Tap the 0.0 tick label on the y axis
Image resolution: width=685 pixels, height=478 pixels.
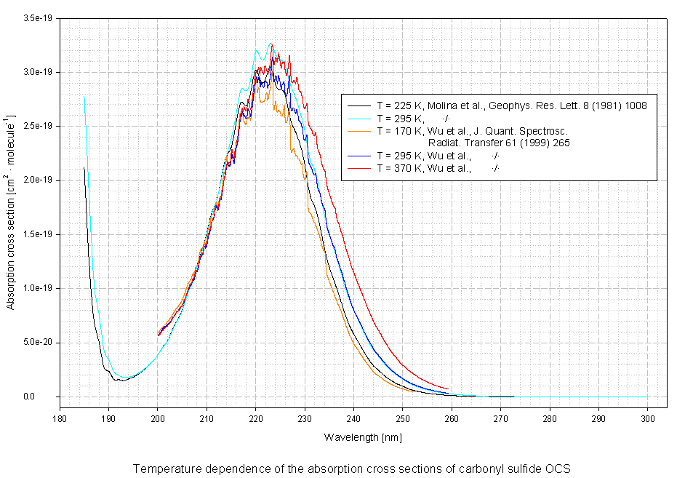tap(49, 397)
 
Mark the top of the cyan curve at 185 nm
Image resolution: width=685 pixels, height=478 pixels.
tap(84, 97)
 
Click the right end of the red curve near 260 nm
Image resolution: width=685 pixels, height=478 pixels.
tap(449, 389)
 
